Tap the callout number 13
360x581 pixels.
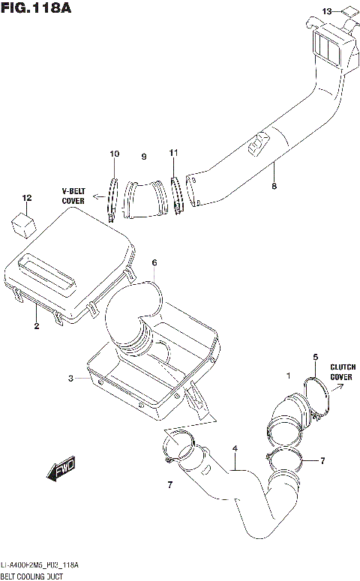[x=325, y=10]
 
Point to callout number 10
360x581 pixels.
[x=114, y=154]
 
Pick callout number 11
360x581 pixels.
[x=173, y=154]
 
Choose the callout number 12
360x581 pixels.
[x=27, y=199]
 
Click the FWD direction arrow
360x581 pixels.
[x=61, y=470]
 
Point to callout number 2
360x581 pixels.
[x=35, y=326]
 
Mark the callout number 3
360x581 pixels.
[x=71, y=379]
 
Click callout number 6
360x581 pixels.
[x=154, y=263]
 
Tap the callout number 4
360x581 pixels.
[x=235, y=448]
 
